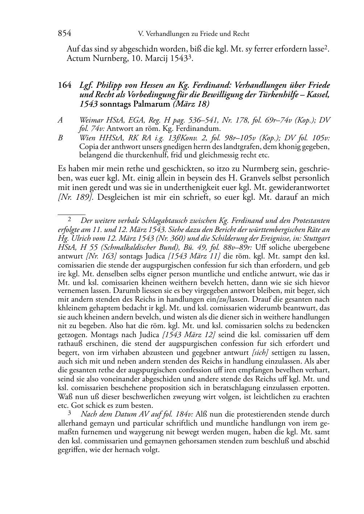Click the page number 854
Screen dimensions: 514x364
tap(64, 34)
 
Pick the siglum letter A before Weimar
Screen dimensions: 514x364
tap(60, 120)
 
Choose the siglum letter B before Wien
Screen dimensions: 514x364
tap(60, 138)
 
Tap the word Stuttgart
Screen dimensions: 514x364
tap(314, 239)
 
